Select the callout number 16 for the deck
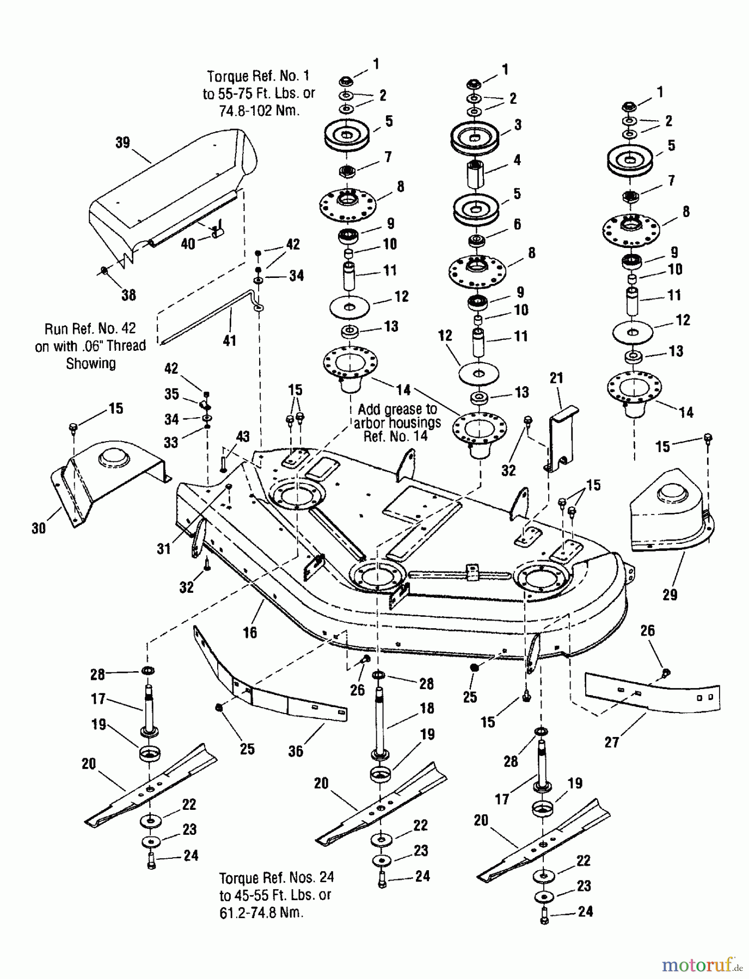[x=250, y=633]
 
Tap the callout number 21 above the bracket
[x=556, y=378]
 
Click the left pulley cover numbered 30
[x=109, y=479]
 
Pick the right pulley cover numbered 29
[x=670, y=517]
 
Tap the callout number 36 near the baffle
[x=296, y=751]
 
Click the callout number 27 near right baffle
[x=612, y=741]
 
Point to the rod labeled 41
[x=212, y=318]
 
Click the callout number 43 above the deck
[x=242, y=437]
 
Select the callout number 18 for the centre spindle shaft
[x=427, y=708]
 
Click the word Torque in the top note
[x=227, y=76]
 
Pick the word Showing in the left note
[x=91, y=363]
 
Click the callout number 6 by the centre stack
[x=517, y=224]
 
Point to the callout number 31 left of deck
[x=164, y=549]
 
